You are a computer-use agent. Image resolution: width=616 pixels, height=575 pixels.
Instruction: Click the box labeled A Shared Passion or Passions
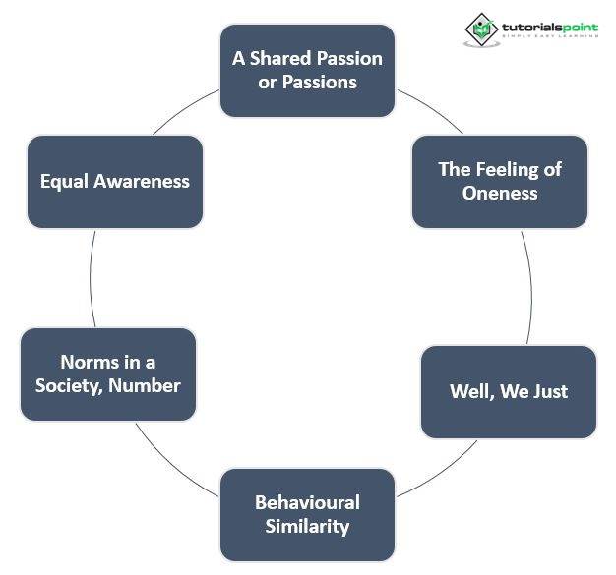coord(307,70)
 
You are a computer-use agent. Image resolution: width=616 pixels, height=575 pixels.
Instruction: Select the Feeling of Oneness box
coord(500,181)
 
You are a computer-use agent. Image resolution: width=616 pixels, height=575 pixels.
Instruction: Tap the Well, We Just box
coord(509,391)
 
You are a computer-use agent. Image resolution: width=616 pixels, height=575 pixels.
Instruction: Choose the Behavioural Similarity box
coord(307,514)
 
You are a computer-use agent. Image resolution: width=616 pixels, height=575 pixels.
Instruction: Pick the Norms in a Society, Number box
coord(108,374)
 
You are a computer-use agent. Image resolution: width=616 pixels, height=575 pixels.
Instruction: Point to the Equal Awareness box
coord(115,181)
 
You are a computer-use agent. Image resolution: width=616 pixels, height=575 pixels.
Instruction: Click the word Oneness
coord(500,193)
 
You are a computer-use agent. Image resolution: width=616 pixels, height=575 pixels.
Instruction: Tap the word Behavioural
coord(307,502)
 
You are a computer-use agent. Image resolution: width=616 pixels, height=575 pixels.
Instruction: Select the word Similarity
coord(307,526)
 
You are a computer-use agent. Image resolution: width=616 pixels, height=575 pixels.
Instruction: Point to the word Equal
coord(63,181)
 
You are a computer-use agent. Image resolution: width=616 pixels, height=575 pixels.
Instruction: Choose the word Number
coord(145,385)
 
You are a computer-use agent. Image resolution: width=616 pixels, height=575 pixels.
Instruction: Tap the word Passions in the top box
coord(320,82)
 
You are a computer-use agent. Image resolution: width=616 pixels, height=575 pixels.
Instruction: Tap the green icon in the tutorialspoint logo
coord(481,29)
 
